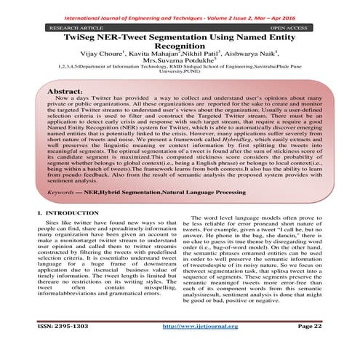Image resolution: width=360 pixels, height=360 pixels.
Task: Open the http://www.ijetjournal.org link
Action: [x=193, y=348]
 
